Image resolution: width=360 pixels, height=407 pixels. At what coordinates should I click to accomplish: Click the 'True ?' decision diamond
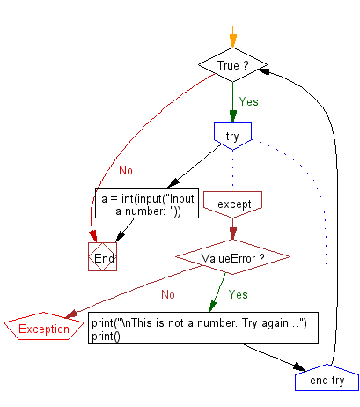click(x=232, y=65)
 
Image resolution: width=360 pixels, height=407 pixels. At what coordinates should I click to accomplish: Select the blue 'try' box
click(x=232, y=136)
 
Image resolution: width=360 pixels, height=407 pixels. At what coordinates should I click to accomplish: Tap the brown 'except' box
click(x=232, y=204)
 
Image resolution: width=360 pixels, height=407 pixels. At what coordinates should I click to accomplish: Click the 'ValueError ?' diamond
click(x=232, y=257)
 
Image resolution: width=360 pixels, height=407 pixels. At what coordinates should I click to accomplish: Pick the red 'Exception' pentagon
click(x=44, y=327)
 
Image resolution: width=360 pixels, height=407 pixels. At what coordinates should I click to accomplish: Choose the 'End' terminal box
click(x=103, y=256)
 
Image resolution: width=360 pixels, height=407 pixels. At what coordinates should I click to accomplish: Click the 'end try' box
click(x=327, y=378)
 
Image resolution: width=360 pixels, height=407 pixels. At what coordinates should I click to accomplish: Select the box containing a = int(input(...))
click(x=147, y=203)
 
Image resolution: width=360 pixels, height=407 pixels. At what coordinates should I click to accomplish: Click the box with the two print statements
click(x=203, y=328)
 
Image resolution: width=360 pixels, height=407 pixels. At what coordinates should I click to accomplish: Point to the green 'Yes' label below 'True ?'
click(x=249, y=102)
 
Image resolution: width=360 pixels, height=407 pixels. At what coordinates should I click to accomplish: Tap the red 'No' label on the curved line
click(x=126, y=170)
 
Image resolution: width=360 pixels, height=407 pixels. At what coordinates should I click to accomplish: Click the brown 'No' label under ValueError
click(x=168, y=294)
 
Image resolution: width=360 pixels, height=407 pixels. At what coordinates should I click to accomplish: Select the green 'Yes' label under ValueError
click(x=239, y=294)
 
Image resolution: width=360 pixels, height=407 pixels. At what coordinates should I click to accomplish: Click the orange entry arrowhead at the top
click(x=233, y=41)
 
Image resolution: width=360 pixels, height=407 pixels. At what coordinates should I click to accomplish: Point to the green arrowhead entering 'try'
click(x=233, y=116)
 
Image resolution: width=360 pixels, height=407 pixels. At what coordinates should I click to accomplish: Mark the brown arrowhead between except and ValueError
click(x=233, y=233)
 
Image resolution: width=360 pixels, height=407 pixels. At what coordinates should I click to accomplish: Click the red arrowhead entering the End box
click(x=93, y=236)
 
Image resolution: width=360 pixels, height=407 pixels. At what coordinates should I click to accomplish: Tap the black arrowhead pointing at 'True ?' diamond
click(x=263, y=70)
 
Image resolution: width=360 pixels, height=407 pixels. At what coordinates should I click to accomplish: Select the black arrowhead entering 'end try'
click(x=299, y=367)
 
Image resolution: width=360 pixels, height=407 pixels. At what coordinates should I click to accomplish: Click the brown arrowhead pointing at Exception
click(x=71, y=314)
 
